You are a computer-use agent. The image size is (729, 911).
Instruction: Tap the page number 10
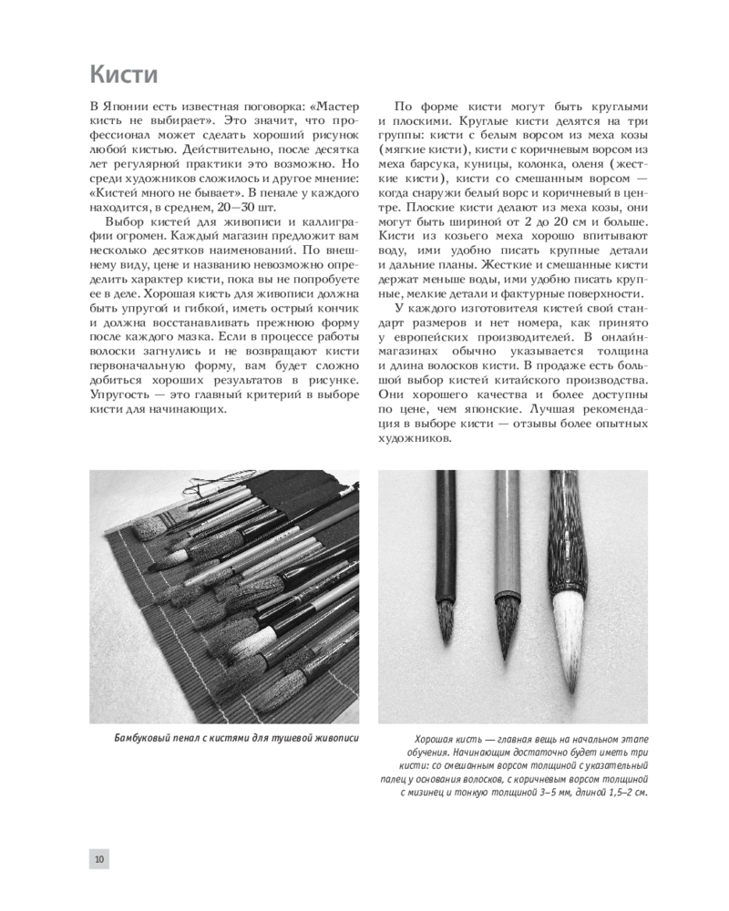[99, 858]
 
